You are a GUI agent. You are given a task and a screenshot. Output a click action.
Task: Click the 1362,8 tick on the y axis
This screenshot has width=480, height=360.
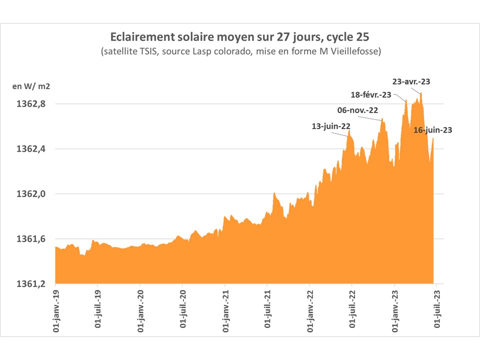(x=31, y=104)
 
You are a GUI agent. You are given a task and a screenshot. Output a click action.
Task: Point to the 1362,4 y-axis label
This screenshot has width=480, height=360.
(x=31, y=149)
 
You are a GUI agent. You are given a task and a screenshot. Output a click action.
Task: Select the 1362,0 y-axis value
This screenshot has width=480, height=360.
(x=31, y=194)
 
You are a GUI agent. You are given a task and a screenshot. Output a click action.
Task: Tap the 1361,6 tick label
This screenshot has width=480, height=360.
(x=31, y=239)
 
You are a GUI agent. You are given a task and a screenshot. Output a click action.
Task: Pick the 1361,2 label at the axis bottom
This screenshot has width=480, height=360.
(x=31, y=283)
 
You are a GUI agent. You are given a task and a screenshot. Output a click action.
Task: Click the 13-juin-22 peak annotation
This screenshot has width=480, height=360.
(x=330, y=126)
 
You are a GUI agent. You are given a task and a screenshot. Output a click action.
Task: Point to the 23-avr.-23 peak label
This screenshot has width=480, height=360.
(x=411, y=81)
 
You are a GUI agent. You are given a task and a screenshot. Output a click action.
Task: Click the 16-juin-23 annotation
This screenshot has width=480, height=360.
(x=433, y=130)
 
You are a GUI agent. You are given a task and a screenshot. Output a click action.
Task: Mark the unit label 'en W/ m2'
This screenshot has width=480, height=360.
(x=31, y=86)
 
